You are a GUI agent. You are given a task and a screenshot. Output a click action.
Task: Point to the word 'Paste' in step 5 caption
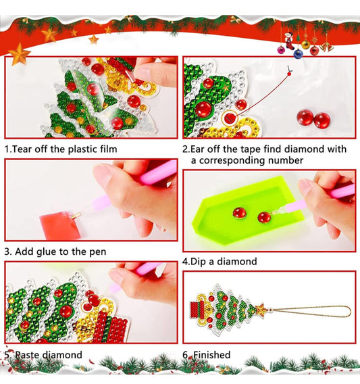click(x=28, y=355)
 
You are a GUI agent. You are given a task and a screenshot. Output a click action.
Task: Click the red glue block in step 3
click(x=61, y=226)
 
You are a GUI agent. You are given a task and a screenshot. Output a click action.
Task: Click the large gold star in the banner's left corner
click(x=19, y=54)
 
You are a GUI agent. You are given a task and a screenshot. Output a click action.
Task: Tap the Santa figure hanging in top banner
click(x=289, y=41)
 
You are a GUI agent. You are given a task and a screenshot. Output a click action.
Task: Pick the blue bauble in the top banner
click(x=298, y=54)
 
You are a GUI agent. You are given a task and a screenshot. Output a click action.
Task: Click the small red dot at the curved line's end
click(x=289, y=74)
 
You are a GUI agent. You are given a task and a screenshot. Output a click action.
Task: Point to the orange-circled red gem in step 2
click(x=230, y=118)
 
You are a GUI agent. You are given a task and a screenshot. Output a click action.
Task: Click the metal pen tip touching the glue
click(x=76, y=216)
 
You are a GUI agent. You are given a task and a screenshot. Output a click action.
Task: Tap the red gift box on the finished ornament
click(x=198, y=310)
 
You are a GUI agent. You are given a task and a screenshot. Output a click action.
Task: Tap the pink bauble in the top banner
click(x=281, y=50)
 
